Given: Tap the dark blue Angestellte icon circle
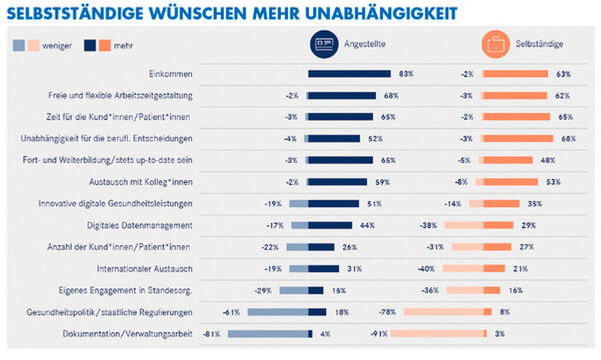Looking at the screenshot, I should point(324,45).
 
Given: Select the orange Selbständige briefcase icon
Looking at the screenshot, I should point(495,45).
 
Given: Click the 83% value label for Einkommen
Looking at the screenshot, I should point(406,74).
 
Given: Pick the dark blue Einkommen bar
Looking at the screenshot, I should point(349,74).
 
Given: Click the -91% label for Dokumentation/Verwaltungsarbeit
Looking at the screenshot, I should point(379,334).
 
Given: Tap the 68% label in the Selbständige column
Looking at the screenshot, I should point(568,139).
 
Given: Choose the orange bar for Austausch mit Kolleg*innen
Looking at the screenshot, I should point(510,182).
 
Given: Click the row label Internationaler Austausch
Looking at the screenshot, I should point(144,269).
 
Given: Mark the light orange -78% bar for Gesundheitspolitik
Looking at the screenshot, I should point(443,312).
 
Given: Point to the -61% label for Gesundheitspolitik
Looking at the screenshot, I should point(231,312).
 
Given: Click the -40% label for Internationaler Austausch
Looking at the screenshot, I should point(427,269).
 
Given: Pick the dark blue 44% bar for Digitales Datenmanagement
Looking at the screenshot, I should point(330,226).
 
